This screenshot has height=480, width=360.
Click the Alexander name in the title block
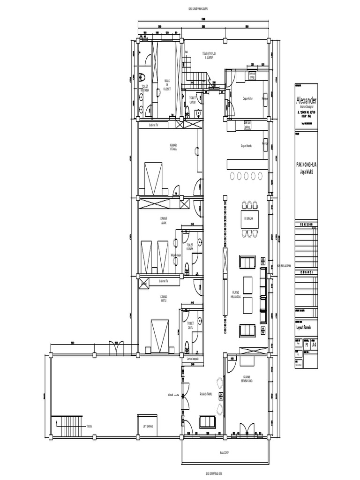pyautogui.click(x=306, y=101)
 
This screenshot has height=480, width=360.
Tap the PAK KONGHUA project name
pyautogui.click(x=306, y=165)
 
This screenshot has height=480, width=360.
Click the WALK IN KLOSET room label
pyautogui.click(x=167, y=84)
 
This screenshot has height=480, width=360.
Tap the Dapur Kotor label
pyautogui.click(x=247, y=98)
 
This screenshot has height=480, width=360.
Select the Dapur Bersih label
pyautogui.click(x=247, y=146)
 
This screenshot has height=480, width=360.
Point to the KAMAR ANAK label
pyautogui.click(x=164, y=220)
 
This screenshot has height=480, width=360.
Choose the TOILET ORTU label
pyautogui.click(x=190, y=325)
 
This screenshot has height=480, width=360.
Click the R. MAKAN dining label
pyautogui.click(x=248, y=218)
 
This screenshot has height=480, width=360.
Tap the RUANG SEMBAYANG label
pyautogui.click(x=248, y=379)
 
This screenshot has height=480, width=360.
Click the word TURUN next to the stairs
pyautogui.click(x=89, y=427)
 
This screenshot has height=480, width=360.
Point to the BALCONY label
pyautogui.click(x=225, y=453)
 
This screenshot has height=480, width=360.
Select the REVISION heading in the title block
pyautogui.click(x=306, y=225)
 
